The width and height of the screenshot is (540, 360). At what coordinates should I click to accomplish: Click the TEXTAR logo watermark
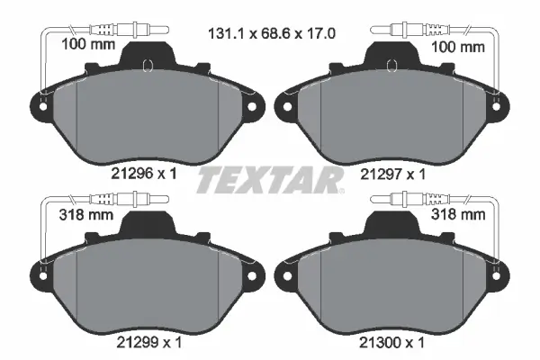point(270,181)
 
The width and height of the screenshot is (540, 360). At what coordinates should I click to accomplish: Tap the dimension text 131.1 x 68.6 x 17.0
point(272,34)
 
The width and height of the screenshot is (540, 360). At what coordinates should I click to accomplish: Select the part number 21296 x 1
point(144,174)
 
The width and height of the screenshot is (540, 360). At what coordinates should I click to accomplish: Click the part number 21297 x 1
point(392,175)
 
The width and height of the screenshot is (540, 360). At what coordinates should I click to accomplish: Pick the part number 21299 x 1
point(148,342)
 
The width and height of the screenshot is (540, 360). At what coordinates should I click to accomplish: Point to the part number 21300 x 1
point(391,343)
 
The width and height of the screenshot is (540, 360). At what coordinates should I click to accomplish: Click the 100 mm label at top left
point(88,44)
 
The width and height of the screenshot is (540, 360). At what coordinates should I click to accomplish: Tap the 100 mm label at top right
point(458,47)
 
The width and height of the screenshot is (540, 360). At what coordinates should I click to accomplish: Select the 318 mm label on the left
point(86,214)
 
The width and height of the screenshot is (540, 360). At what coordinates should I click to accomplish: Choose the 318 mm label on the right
point(458,214)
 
